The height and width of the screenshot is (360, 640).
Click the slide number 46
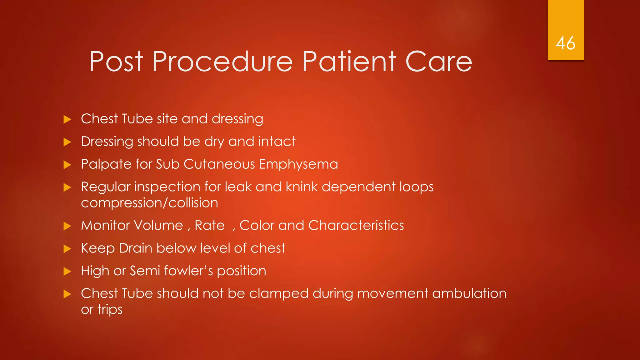click(x=565, y=43)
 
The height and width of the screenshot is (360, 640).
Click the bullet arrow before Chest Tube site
click(x=67, y=119)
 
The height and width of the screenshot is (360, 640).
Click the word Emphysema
click(x=298, y=164)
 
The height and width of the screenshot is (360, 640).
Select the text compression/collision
click(x=149, y=203)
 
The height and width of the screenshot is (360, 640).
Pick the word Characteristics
click(x=356, y=225)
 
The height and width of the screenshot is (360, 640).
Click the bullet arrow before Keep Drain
click(x=67, y=249)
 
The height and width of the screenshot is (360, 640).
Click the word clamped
click(x=279, y=294)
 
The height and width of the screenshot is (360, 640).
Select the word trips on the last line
click(x=110, y=310)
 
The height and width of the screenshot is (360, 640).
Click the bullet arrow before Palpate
click(x=67, y=165)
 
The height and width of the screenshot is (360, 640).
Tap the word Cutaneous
click(x=219, y=164)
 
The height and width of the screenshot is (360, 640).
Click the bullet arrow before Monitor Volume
click(x=67, y=226)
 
